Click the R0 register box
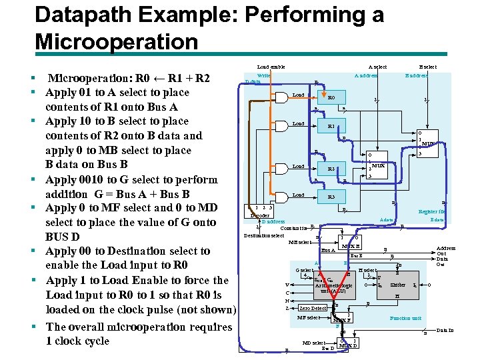(331, 97)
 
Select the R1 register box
(331, 126)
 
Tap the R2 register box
(331, 169)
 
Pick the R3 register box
(331, 197)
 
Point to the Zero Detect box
(313, 309)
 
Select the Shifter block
(398, 285)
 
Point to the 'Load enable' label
(271, 67)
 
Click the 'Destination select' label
(264, 235)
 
